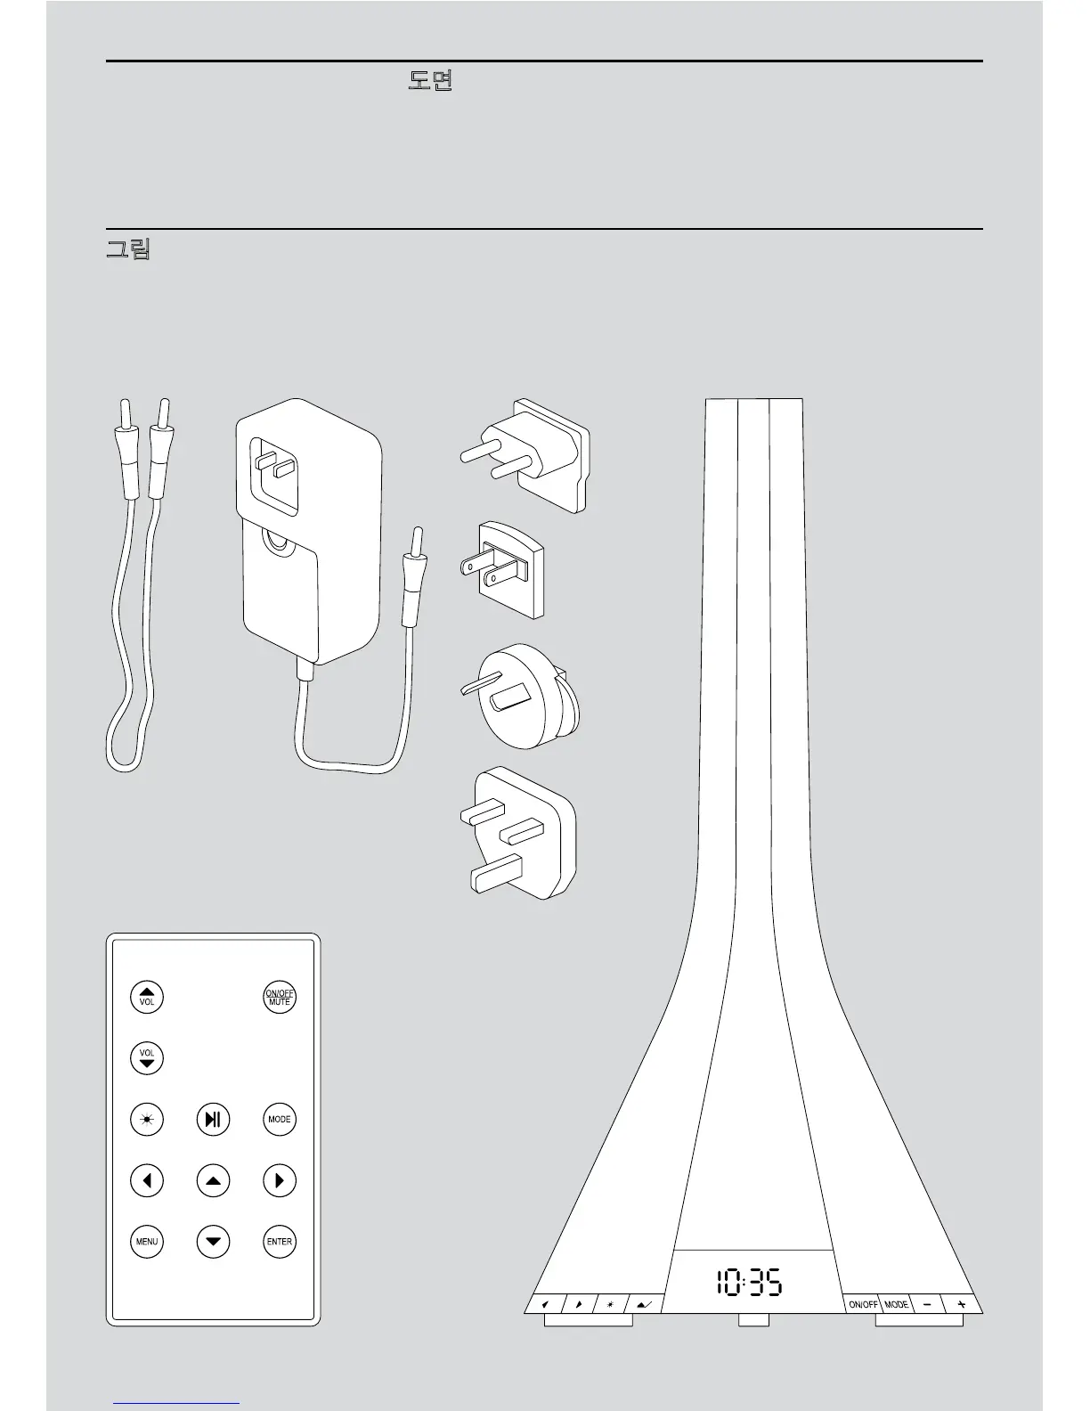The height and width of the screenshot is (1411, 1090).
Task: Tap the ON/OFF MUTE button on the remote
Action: tap(279, 997)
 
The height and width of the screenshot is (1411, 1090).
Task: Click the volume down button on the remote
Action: tap(147, 1057)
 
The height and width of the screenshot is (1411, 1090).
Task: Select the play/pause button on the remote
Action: tap(213, 1119)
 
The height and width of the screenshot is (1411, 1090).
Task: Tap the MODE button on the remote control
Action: tap(280, 1119)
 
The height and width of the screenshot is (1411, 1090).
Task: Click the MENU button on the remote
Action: tap(147, 1241)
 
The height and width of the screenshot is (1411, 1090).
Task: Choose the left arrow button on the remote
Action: tap(147, 1180)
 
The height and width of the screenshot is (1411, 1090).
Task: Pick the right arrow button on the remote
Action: tap(280, 1180)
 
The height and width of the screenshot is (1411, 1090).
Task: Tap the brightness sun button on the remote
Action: tap(147, 1119)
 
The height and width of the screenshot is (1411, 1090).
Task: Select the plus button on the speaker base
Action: tap(961, 1304)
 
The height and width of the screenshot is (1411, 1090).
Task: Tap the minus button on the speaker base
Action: tap(927, 1304)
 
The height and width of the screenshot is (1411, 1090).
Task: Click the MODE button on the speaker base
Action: tap(896, 1304)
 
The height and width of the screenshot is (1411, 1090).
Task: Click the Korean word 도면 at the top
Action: tap(430, 83)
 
